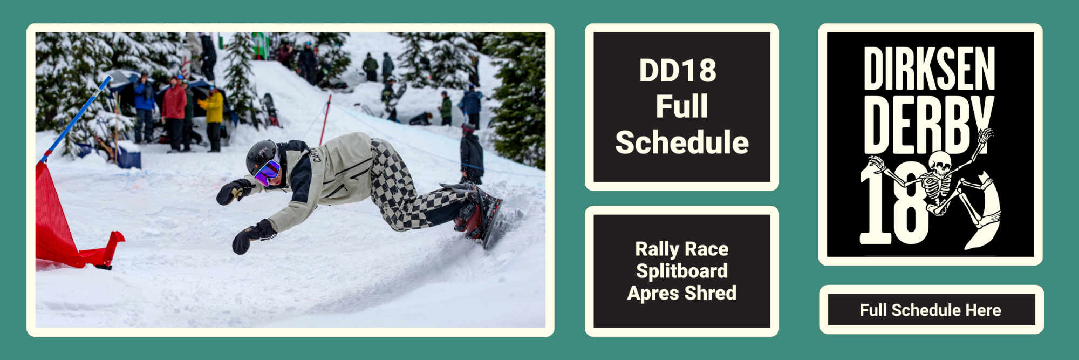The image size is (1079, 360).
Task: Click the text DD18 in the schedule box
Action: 678,71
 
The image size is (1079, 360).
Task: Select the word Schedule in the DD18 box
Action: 682,142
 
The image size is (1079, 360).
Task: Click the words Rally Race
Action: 682,249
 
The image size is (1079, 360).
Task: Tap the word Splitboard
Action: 682,271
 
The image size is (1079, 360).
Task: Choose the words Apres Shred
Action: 682,293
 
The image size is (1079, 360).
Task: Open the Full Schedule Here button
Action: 931,310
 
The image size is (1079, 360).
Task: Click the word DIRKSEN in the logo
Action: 929,69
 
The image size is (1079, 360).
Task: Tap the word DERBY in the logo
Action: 928,125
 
